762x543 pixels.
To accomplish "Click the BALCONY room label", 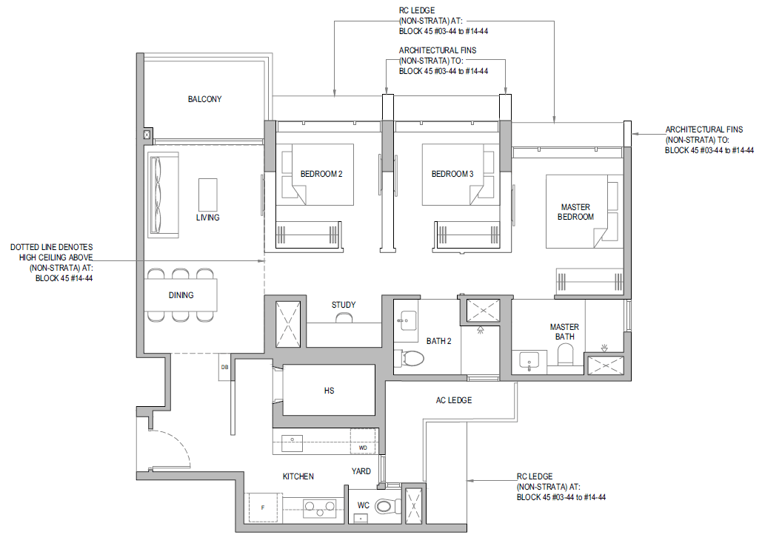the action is pos(204,99).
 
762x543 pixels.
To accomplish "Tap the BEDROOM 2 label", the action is pos(321,174).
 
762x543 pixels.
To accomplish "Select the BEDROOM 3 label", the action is pos(452,174).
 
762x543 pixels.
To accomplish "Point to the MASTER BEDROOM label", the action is pos(575,212).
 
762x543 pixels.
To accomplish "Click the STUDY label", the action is pos(344,305).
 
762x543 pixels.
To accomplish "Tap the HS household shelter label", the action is pos(329,391).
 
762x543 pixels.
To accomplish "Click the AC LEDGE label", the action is pos(454,400).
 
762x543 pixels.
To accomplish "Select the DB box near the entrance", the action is pos(224,368).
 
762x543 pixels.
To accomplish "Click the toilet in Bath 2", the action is pos(409,359).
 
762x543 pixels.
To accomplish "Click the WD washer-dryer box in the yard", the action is pos(364,441).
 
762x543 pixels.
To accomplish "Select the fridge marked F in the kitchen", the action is pos(263,508).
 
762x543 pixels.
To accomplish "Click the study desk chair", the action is pos(344,317).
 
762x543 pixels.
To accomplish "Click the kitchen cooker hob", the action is pos(319,507).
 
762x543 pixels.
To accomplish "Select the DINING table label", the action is pos(181,295).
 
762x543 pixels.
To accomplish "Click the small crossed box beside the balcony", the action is pos(147,135).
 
